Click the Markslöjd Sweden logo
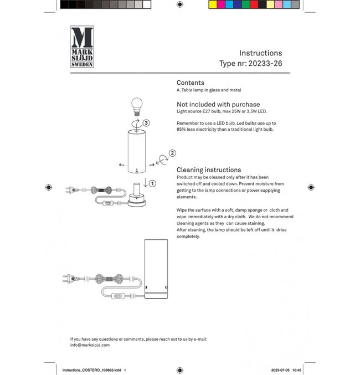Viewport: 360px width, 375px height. click(x=82, y=47)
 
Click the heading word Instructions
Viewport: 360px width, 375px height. click(x=260, y=53)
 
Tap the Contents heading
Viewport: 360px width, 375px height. click(x=190, y=83)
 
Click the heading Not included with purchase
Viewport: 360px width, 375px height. click(x=218, y=104)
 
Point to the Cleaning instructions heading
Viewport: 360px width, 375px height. click(x=208, y=170)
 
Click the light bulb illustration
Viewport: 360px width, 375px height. click(x=136, y=105)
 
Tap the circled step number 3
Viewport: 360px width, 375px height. click(x=146, y=123)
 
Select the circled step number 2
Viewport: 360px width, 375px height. click(x=172, y=153)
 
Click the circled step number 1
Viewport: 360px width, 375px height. click(x=152, y=183)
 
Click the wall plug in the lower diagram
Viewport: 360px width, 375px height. click(x=70, y=279)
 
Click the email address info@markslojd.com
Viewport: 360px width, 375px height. click(x=90, y=345)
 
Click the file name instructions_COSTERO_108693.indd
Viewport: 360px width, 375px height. click(x=91, y=369)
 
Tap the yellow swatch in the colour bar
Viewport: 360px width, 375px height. click(x=213, y=4)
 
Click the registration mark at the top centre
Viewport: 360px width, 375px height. click(x=180, y=4)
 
